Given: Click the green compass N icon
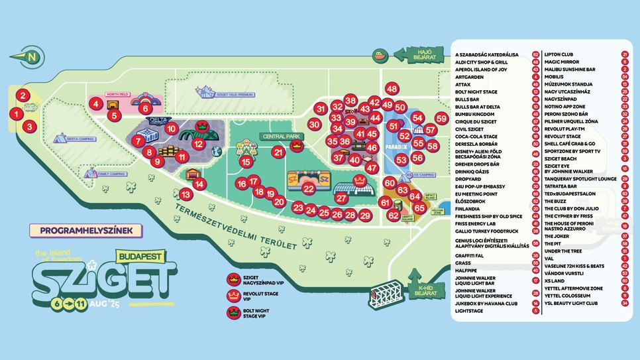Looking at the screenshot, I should coord(30,56).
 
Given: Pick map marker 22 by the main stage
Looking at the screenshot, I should coord(308,188).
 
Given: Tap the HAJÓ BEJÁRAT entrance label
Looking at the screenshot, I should coord(420,54).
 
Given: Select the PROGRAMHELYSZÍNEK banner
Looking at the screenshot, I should coord(77,231).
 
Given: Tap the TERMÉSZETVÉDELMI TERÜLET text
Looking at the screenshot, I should coord(235,223).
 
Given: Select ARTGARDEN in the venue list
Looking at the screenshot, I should coord(470,77).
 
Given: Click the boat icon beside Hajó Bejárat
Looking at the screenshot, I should coord(378,54).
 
